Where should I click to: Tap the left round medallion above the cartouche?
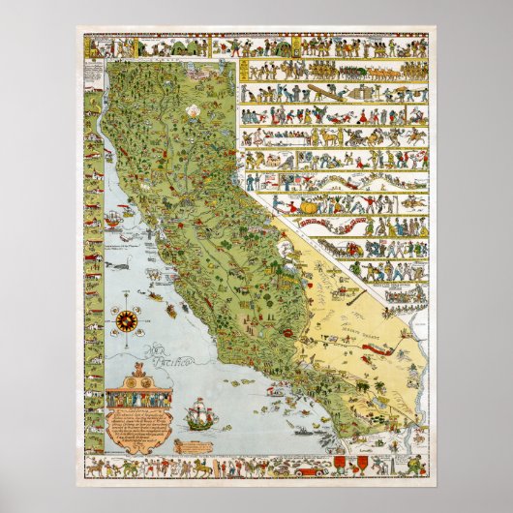click(122, 380)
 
